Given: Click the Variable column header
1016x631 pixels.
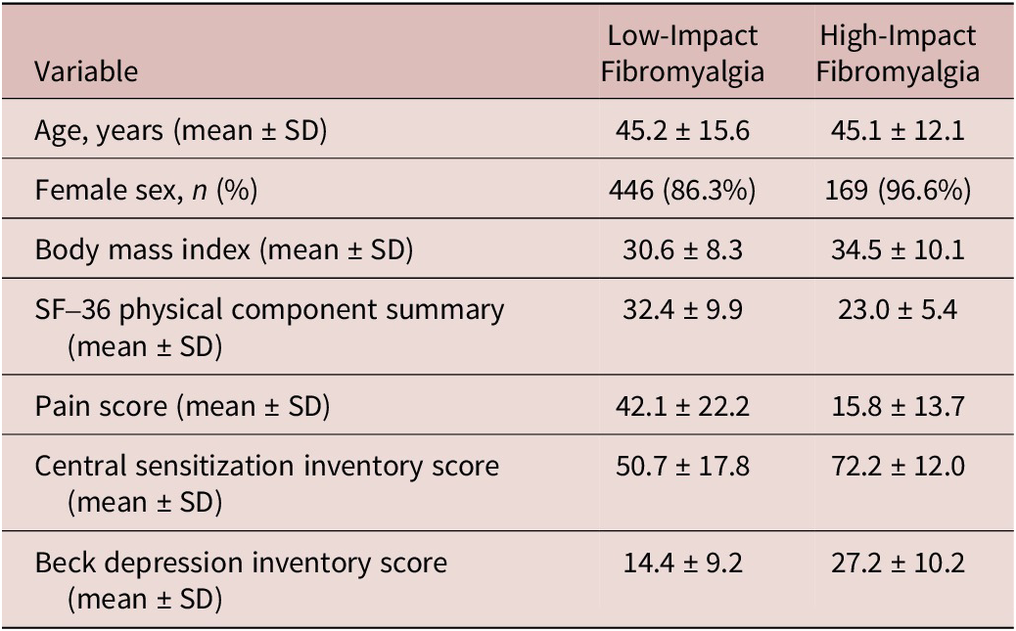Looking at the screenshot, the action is pos(86,70).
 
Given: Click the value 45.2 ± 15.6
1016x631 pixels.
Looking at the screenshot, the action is pos(682,130).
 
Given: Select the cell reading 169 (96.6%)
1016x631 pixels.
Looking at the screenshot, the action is pos(898,190).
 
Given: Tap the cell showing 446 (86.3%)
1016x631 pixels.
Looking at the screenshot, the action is pos(682,190).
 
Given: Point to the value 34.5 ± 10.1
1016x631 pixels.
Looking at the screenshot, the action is pos(898,249).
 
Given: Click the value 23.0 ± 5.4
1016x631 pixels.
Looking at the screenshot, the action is pos(898,309).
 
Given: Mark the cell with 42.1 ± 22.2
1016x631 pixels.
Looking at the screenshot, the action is pos(682,406).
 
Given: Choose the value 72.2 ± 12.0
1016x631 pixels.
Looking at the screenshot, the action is pos(898,466).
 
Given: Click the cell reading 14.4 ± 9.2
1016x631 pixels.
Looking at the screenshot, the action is pos(682,562).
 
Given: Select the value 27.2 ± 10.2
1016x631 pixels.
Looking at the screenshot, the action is pos(898,562).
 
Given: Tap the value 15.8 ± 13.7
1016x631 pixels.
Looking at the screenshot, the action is pos(898,406).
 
